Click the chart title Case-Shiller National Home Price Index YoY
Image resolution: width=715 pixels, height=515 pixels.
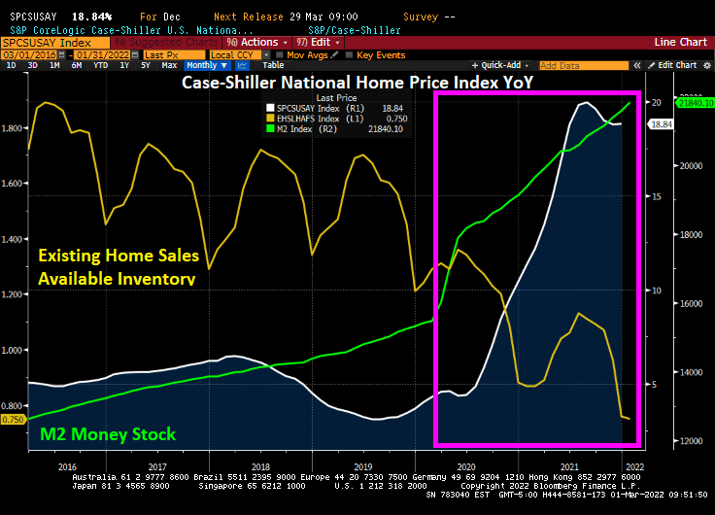click(357, 82)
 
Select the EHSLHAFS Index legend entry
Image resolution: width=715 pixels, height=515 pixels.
click(308, 118)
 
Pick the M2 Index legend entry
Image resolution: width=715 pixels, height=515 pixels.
click(296, 128)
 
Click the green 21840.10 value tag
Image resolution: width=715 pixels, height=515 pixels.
click(695, 102)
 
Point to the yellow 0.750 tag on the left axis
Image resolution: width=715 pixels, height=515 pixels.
click(13, 419)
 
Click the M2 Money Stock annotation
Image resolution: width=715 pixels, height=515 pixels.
click(107, 433)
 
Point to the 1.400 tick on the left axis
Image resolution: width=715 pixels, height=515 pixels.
click(14, 238)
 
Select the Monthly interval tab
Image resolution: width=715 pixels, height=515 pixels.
click(201, 65)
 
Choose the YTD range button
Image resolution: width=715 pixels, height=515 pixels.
click(100, 65)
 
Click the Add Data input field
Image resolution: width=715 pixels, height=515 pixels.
click(573, 65)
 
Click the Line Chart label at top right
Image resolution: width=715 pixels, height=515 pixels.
click(680, 43)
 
